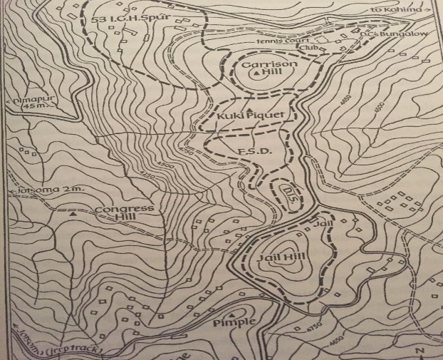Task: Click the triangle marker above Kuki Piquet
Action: point(249,105)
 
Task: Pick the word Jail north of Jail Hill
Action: point(318,224)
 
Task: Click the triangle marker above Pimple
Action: point(233,312)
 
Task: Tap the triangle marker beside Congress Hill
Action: point(73,212)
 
